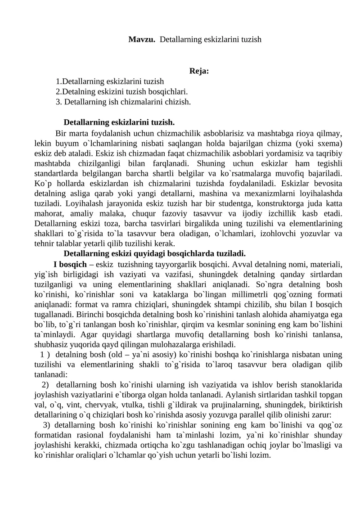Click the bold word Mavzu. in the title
point(142,40)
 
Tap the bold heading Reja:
point(199,71)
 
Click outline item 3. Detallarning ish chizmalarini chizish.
point(123,102)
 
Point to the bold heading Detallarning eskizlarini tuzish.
point(119,122)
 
